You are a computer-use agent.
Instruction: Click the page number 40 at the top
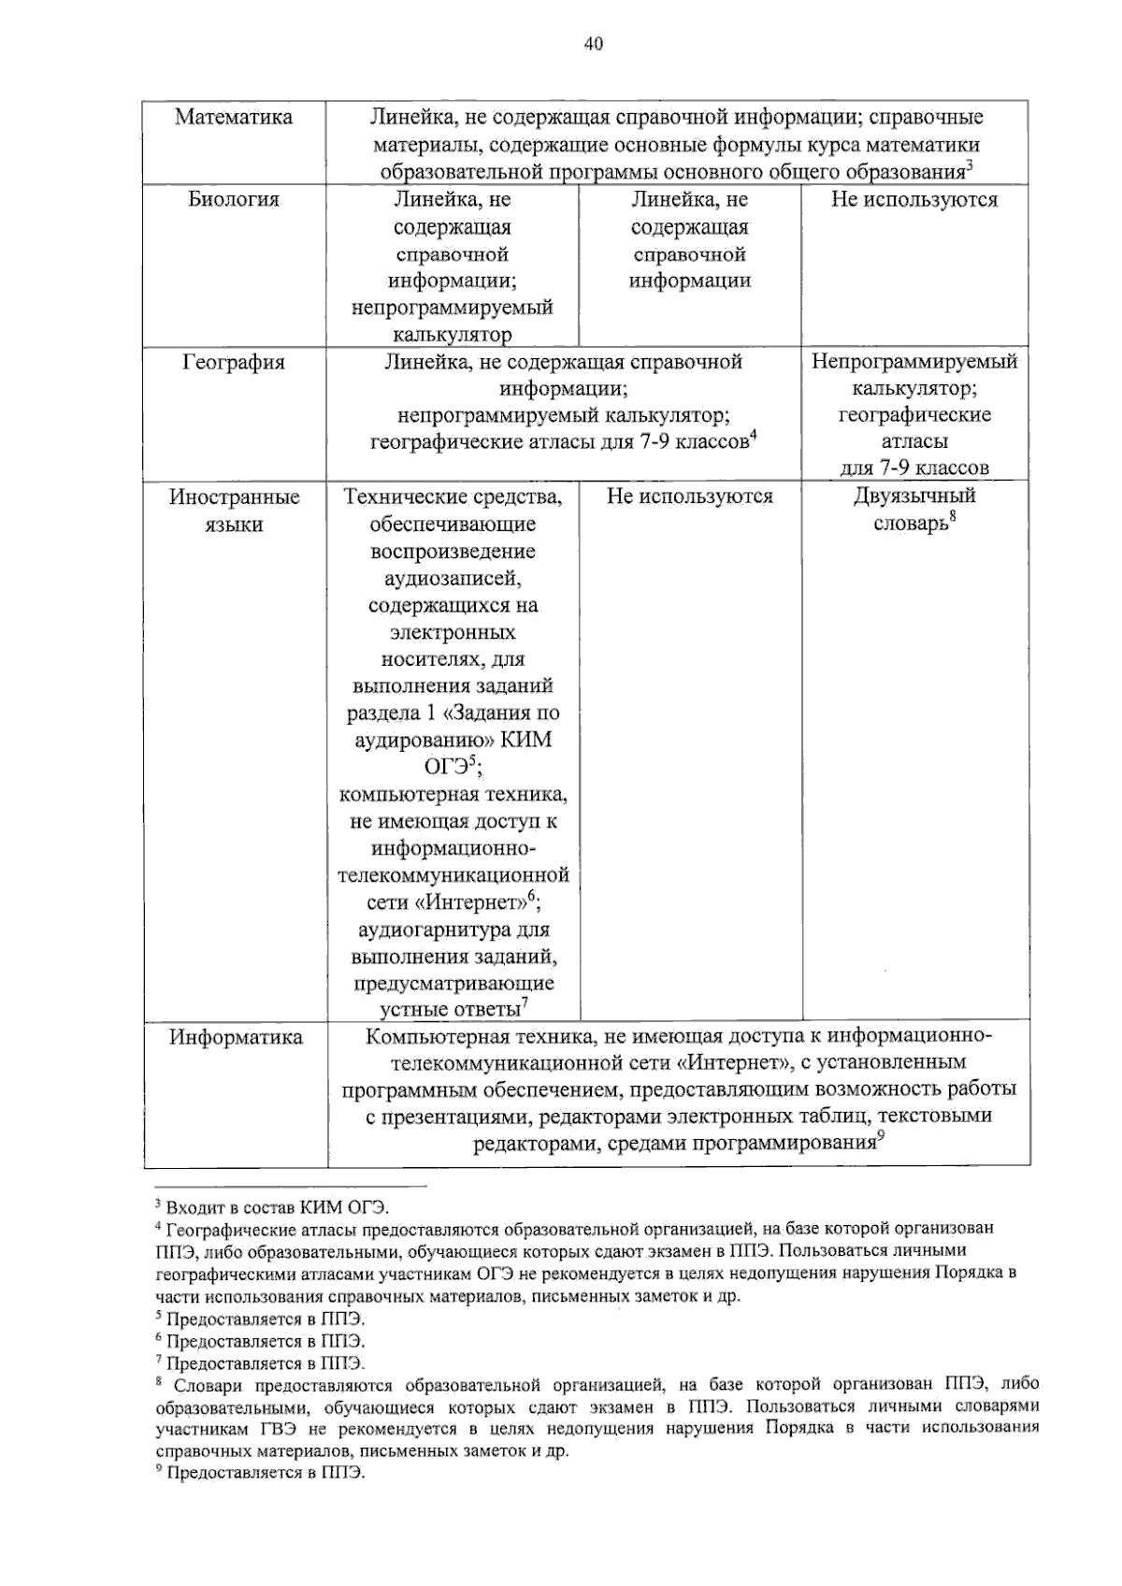[593, 44]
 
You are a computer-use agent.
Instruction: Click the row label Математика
[234, 117]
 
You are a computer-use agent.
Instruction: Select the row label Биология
[234, 199]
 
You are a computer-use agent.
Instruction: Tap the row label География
[234, 362]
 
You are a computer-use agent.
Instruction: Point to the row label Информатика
[236, 1037]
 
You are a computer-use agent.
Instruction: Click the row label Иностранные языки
[234, 511]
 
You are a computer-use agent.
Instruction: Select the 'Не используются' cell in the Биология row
[914, 199]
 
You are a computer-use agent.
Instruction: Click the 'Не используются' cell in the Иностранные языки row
[690, 497]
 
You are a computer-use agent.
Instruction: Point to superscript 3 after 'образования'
[970, 166]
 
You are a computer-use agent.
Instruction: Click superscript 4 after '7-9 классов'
[752, 434]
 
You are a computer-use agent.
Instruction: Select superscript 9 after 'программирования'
[880, 1136]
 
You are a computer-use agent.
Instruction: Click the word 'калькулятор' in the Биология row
[453, 335]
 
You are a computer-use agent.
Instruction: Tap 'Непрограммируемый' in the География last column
[914, 362]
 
